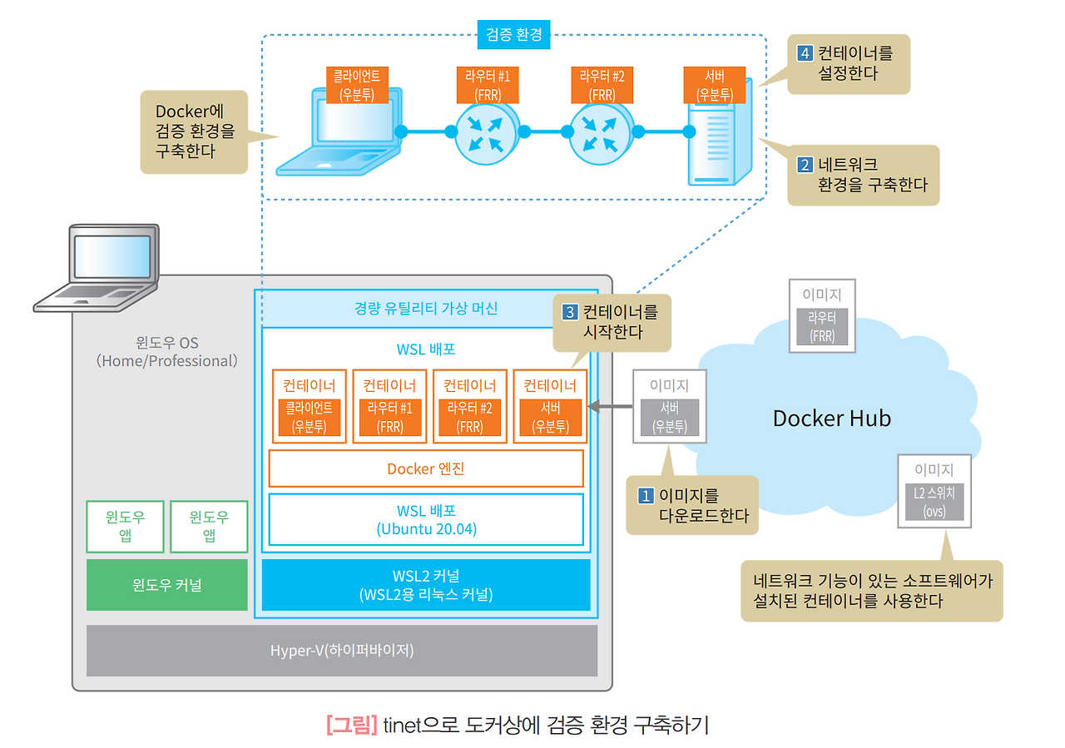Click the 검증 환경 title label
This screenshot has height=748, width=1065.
point(514,34)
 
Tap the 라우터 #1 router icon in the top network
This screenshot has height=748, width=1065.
point(487,131)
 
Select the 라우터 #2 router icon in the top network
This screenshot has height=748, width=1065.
point(602,131)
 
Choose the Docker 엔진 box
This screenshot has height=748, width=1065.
point(426,468)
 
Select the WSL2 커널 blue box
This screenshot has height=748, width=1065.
point(426,585)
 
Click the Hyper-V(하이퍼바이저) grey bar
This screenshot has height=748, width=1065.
point(342,650)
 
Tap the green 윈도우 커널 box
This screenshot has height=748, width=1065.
point(166,585)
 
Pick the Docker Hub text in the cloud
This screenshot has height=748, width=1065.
point(831,418)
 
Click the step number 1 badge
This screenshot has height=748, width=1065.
point(646,496)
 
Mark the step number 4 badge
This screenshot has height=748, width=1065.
point(805,53)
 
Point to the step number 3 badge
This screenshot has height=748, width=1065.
point(571,313)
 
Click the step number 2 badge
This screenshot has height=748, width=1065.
point(805,165)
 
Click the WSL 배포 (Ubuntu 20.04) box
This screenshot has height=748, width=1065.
point(426,519)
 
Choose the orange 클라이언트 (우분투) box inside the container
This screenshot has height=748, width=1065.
point(309,417)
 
